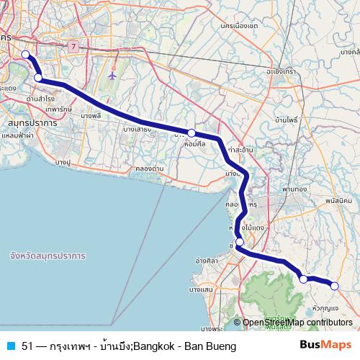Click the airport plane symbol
(112, 75)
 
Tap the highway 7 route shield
(73, 46)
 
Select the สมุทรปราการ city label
(29, 124)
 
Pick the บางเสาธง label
(137, 130)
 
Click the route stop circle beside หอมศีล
(192, 133)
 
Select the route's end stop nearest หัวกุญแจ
(334, 286)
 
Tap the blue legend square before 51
(11, 346)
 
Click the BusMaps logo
(325, 346)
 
